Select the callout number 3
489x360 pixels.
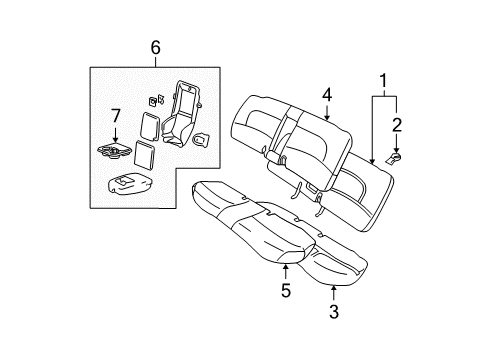[x=333, y=312]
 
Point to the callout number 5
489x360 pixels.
[x=286, y=293]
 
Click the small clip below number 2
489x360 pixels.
[x=396, y=156]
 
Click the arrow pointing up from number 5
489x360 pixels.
[x=286, y=272]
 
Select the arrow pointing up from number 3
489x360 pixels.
[x=333, y=290]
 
